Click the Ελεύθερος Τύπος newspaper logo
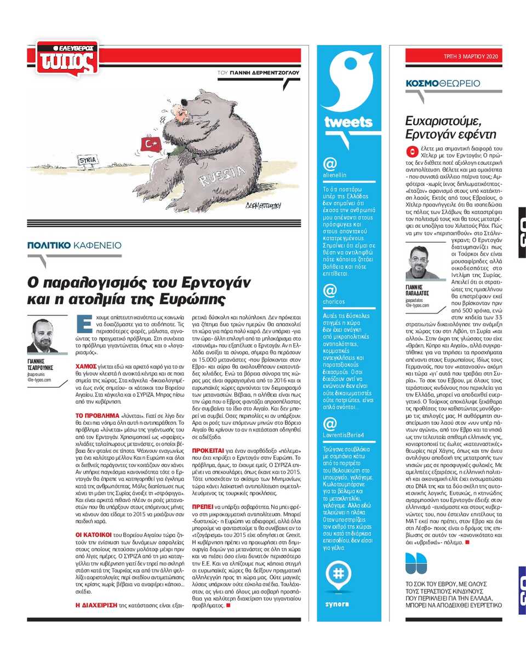(x=64, y=59)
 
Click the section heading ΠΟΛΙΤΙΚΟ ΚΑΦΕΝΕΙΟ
(x=75, y=246)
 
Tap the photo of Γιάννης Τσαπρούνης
(x=43, y=335)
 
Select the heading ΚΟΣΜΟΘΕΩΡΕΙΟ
(x=443, y=83)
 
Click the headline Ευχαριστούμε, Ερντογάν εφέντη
(x=450, y=127)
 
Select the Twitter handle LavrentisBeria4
(x=344, y=435)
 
